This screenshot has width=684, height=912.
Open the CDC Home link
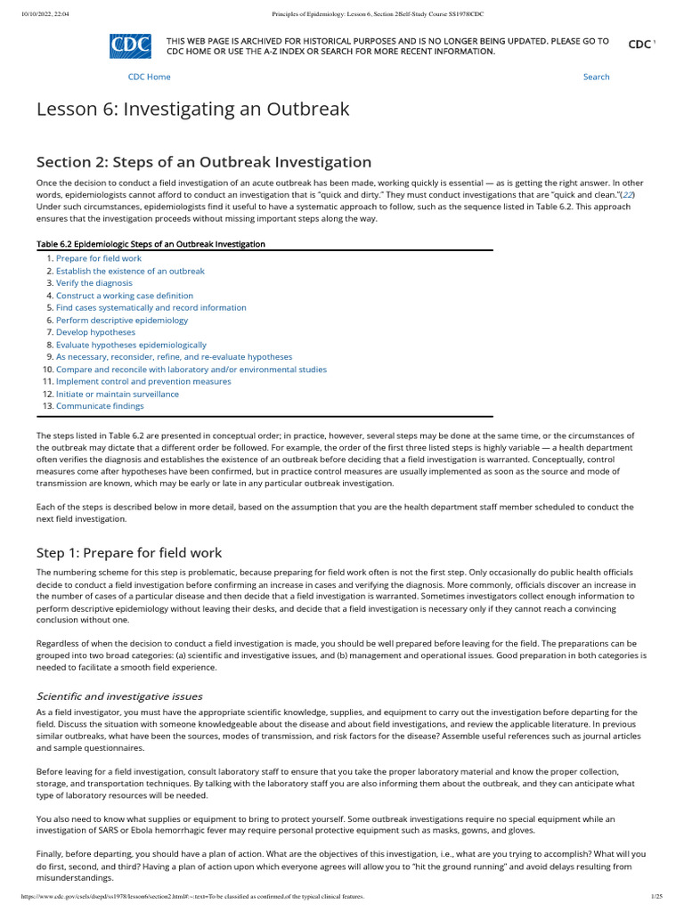pyautogui.click(x=149, y=77)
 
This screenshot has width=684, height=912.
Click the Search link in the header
pyautogui.click(x=596, y=77)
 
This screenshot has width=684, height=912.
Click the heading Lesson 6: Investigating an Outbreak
pyautogui.click(x=192, y=110)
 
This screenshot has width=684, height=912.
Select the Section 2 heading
pyautogui.click(x=203, y=162)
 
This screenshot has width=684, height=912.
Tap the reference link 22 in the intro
pyautogui.click(x=627, y=194)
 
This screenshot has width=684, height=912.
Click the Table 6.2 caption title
pyautogui.click(x=151, y=244)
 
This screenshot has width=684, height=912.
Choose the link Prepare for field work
pyautogui.click(x=98, y=258)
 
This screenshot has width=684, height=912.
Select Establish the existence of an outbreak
pyautogui.click(x=130, y=271)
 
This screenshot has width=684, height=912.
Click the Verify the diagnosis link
pyautogui.click(x=95, y=283)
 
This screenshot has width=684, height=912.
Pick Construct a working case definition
pyautogui.click(x=124, y=296)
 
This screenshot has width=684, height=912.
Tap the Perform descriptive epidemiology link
pyautogui.click(x=122, y=320)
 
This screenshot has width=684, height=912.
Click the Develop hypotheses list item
pyautogui.click(x=95, y=332)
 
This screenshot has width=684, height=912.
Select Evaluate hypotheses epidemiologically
pyautogui.click(x=131, y=345)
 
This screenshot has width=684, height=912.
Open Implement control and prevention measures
pyautogui.click(x=143, y=381)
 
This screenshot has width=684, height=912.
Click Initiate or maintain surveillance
pyautogui.click(x=117, y=394)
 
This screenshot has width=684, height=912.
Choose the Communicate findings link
pyautogui.click(x=99, y=406)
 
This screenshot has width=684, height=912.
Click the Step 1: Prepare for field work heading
pyautogui.click(x=129, y=552)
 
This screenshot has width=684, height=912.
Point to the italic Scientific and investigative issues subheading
pyautogui.click(x=119, y=696)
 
